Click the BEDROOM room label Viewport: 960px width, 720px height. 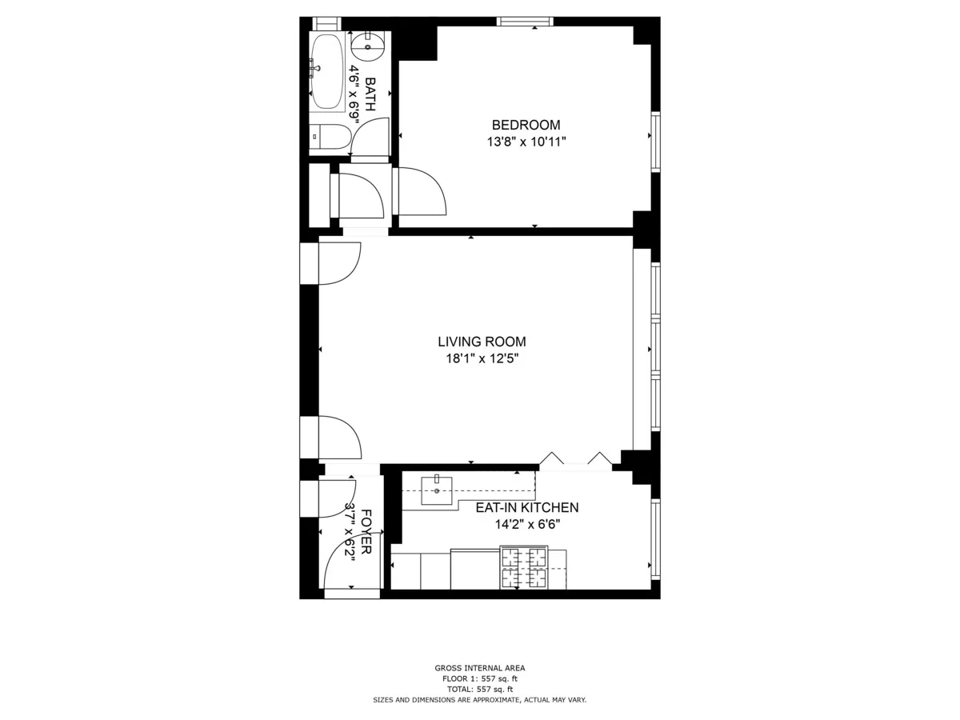(x=526, y=125)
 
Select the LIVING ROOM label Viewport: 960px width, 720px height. (x=482, y=342)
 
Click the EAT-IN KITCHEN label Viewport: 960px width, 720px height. (x=526, y=507)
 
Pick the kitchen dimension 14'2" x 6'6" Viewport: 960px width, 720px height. (x=526, y=525)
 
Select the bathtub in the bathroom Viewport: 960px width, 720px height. (x=326, y=72)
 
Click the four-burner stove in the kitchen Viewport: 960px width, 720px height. (x=522, y=568)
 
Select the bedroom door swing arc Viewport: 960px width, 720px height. (x=422, y=190)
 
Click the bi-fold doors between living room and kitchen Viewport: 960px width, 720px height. (x=576, y=460)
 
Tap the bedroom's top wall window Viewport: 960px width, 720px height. (x=525, y=22)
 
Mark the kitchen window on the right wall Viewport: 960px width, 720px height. (x=655, y=538)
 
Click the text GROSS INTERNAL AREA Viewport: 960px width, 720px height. (x=480, y=668)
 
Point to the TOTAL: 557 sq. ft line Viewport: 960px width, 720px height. (x=480, y=689)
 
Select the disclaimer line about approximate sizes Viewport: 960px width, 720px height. (x=480, y=700)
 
